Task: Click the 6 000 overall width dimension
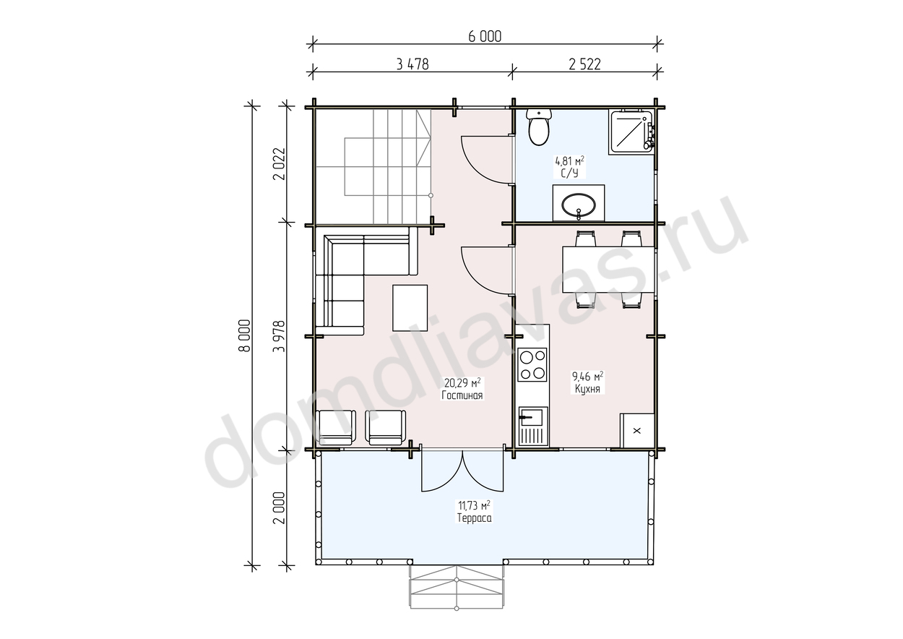coord(485,37)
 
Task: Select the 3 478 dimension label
coord(412,64)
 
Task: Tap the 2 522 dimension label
coord(584,64)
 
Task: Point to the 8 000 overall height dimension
coord(245,335)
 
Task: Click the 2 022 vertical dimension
coord(279,164)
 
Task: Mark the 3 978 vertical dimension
coord(279,336)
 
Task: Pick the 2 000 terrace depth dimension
coord(279,507)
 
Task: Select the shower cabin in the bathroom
coord(631,132)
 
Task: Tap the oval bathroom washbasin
coord(579,205)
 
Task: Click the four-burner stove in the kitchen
coord(532,365)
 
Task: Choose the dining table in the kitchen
coord(608,270)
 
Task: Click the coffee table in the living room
coord(410,308)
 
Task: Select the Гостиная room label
coord(462,395)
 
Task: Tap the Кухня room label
coord(587,389)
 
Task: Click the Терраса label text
coord(474,518)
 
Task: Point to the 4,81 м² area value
coord(570,161)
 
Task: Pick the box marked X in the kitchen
coord(637,430)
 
